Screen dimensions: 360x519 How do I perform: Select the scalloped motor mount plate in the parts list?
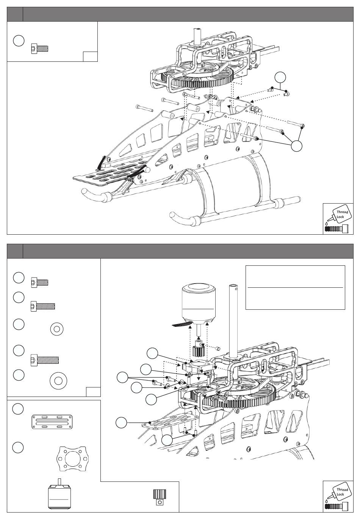tap(72, 458)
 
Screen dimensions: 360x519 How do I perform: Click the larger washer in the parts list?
tap(58, 381)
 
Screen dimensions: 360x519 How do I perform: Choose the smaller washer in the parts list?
tap(57, 329)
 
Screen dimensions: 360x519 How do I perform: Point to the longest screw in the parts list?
tap(45, 360)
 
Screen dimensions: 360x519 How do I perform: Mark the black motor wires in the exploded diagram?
tap(182, 324)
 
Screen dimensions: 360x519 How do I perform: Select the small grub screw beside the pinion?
tap(218, 348)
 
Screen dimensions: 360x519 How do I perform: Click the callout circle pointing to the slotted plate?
tap(121, 422)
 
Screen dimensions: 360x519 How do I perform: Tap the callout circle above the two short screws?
tap(280, 77)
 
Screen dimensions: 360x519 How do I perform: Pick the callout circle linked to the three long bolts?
tap(296, 146)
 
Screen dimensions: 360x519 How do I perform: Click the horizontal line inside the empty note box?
tap(295, 287)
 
